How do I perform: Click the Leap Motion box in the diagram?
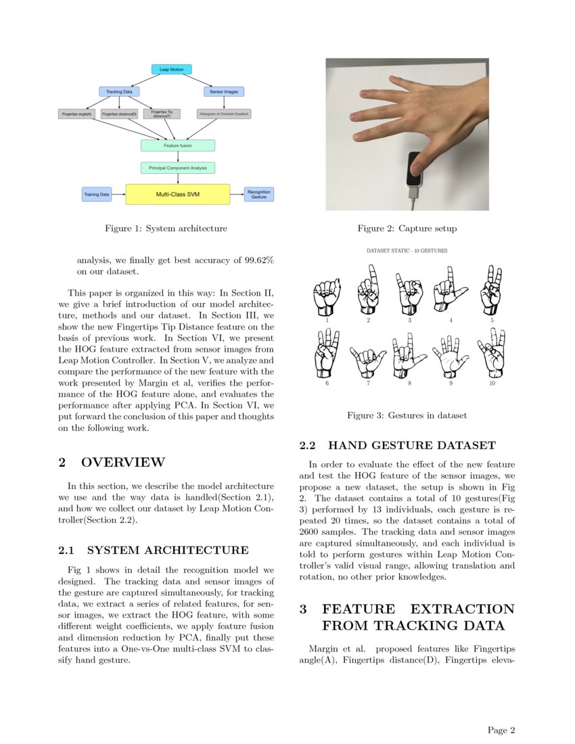coord(171,69)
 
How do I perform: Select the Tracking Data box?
coord(119,91)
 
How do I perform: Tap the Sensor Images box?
coord(223,91)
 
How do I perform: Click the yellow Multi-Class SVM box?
coord(178,194)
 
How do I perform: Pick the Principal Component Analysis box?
coord(178,167)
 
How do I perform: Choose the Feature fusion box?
coord(178,145)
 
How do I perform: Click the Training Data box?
coord(97,195)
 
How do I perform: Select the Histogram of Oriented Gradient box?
coord(224,114)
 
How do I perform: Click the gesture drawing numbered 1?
coord(327,296)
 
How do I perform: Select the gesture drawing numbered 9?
coord(450,356)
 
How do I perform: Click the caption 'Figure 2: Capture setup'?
coord(407,229)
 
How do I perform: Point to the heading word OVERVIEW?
coord(122,463)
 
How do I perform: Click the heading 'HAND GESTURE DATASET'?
coord(411,446)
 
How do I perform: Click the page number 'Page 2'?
coord(501,730)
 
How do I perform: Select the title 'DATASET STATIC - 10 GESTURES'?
coord(407,250)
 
